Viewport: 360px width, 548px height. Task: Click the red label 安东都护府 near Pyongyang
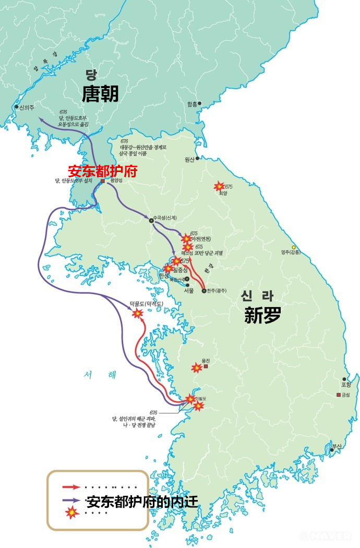[102, 171]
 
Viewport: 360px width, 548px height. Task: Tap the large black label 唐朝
[100, 94]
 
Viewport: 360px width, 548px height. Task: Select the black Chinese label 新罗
[262, 315]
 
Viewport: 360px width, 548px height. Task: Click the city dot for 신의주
[17, 107]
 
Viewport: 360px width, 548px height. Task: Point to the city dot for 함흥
[199, 103]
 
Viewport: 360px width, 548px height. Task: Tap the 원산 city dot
[197, 159]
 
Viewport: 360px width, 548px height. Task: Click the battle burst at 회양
[219, 186]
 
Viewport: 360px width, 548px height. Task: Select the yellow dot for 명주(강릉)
[294, 247]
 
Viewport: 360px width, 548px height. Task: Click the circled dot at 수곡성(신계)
[151, 220]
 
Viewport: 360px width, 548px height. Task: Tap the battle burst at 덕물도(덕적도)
[137, 313]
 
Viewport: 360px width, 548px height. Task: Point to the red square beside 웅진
[206, 367]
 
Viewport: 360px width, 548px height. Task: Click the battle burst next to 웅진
[196, 368]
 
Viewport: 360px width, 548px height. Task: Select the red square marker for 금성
[339, 394]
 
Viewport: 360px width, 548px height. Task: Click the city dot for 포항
[344, 379]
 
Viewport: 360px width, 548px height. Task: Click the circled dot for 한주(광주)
[204, 291]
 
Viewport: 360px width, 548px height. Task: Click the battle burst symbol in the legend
[71, 513]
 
